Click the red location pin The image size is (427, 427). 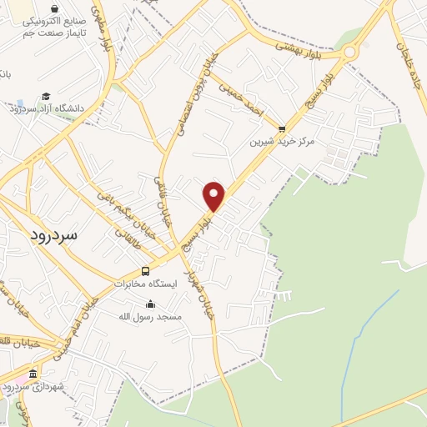(214, 196)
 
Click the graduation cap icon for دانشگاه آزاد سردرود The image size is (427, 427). (47, 97)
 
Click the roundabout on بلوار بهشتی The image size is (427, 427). (349, 53)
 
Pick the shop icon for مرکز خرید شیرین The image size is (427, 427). (281, 129)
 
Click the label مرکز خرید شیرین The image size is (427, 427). (284, 142)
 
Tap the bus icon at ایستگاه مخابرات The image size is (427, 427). (146, 271)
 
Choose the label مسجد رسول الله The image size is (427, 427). (134, 317)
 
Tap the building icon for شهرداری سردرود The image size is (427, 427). (33, 374)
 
